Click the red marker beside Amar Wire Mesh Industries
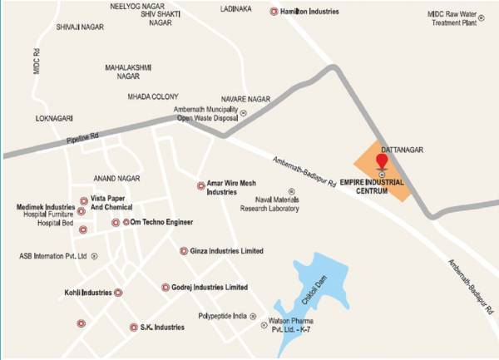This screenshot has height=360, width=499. [x=200, y=186]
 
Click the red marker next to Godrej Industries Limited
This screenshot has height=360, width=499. [x=166, y=288]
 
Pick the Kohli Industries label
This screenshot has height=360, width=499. [x=88, y=293]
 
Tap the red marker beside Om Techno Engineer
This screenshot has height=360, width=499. [x=116, y=223]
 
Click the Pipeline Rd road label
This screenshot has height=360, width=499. [x=83, y=139]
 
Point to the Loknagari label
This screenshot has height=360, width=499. [x=55, y=119]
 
